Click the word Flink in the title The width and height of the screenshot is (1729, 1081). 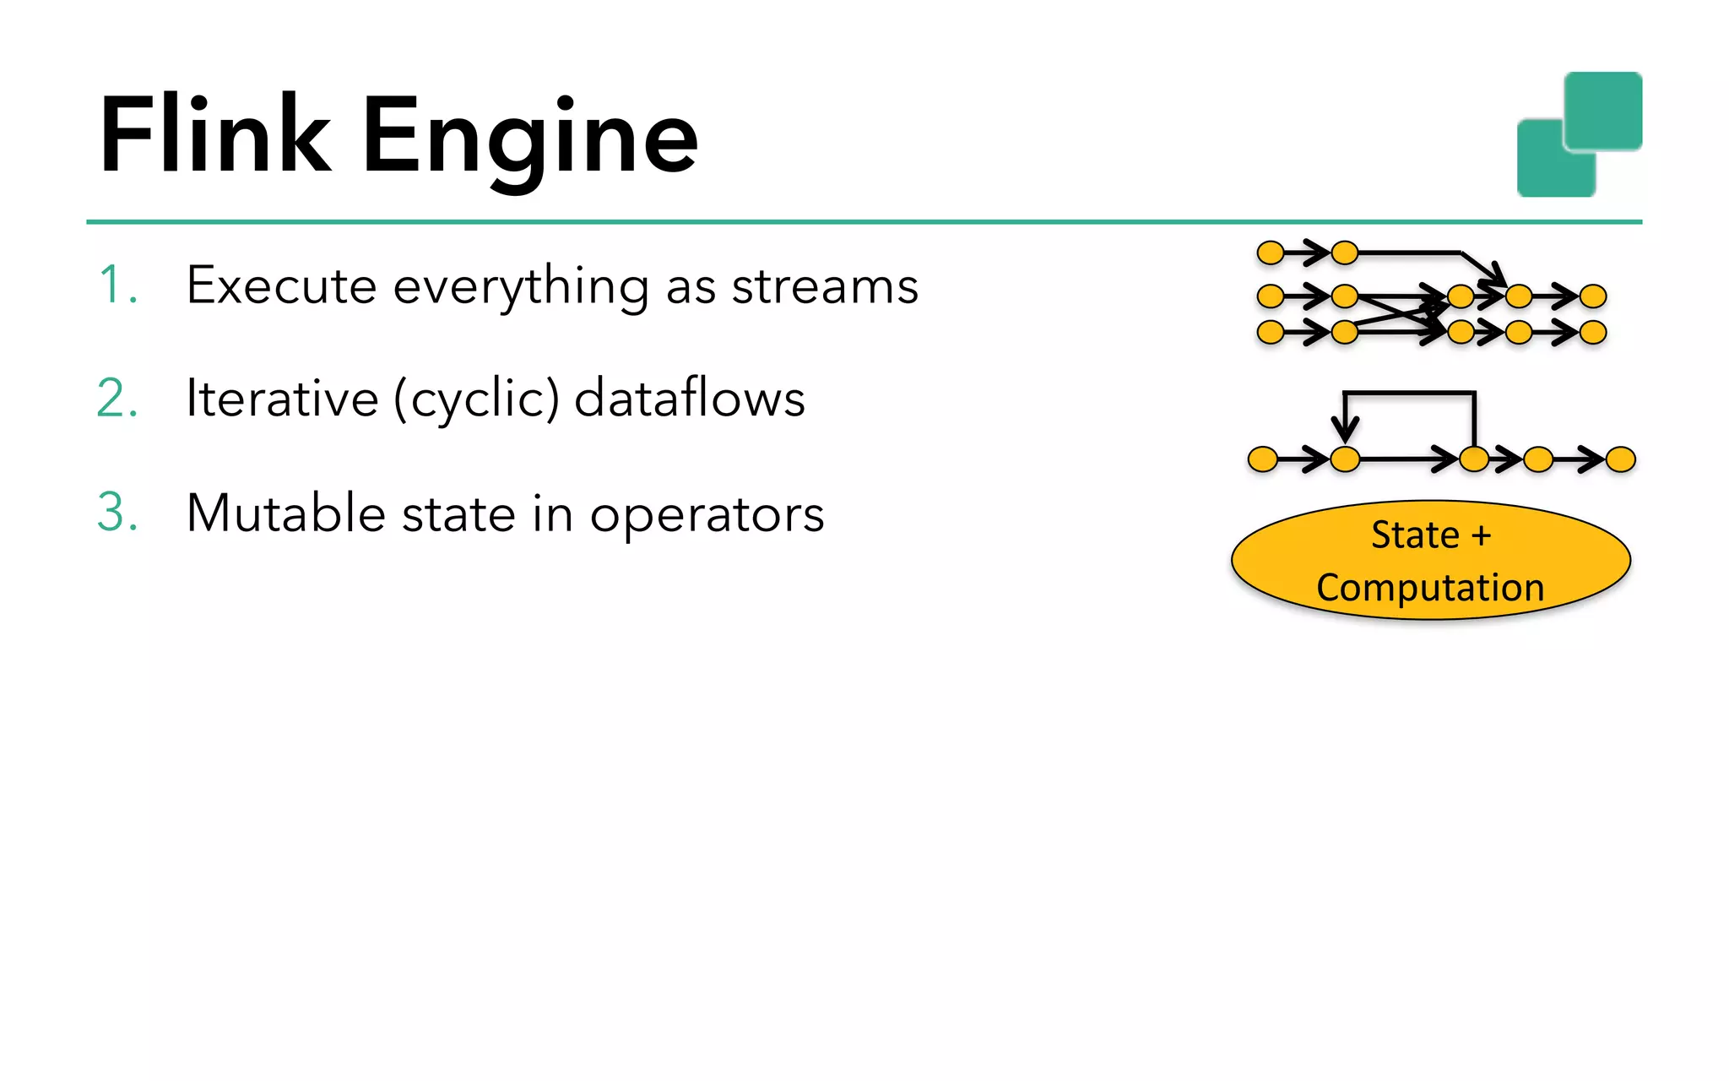(x=214, y=135)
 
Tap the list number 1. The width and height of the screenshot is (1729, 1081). (x=117, y=285)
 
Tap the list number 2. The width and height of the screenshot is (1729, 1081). (x=117, y=398)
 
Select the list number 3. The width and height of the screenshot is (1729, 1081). (x=117, y=513)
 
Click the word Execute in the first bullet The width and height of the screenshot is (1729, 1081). (x=281, y=285)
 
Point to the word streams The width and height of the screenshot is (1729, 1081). (x=825, y=285)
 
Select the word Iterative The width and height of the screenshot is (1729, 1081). (x=282, y=398)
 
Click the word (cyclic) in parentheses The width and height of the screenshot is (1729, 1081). (x=477, y=399)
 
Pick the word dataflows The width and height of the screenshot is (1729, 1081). (x=690, y=398)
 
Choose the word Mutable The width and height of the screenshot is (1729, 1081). (x=285, y=513)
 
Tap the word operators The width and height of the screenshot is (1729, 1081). (x=707, y=514)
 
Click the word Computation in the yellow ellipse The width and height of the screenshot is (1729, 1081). (x=1430, y=588)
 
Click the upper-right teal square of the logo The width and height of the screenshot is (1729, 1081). (x=1602, y=111)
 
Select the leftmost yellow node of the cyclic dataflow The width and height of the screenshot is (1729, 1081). (x=1263, y=459)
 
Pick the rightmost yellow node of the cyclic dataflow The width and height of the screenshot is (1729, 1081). (x=1621, y=459)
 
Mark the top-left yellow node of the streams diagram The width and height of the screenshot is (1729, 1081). (x=1271, y=253)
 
